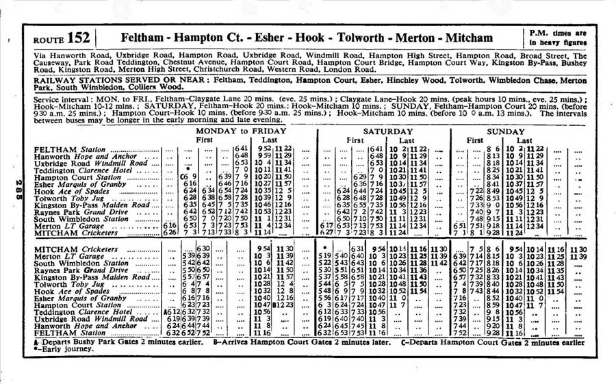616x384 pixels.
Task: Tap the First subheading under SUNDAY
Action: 493,140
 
